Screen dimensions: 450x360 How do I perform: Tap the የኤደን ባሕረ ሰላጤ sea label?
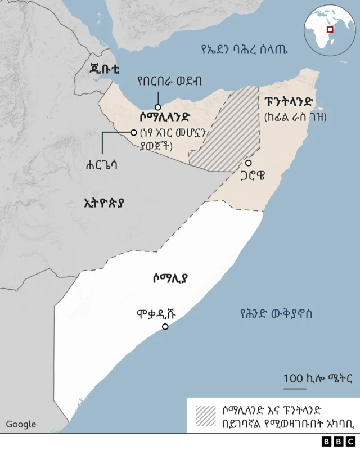pos(244,49)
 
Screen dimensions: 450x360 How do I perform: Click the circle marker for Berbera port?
pos(159,107)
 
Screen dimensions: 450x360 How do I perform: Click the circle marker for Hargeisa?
pos(134,133)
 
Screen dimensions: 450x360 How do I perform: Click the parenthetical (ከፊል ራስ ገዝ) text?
pos(295,117)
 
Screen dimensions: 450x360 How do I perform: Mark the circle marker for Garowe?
pos(248,163)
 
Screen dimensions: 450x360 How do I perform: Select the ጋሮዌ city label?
pos(251,175)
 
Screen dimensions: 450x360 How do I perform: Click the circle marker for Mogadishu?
pos(165,327)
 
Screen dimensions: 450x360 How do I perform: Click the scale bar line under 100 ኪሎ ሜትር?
pos(295,388)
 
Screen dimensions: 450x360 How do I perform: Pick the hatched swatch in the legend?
pos(206,415)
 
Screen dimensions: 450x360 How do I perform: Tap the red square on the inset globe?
pos(331,29)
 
